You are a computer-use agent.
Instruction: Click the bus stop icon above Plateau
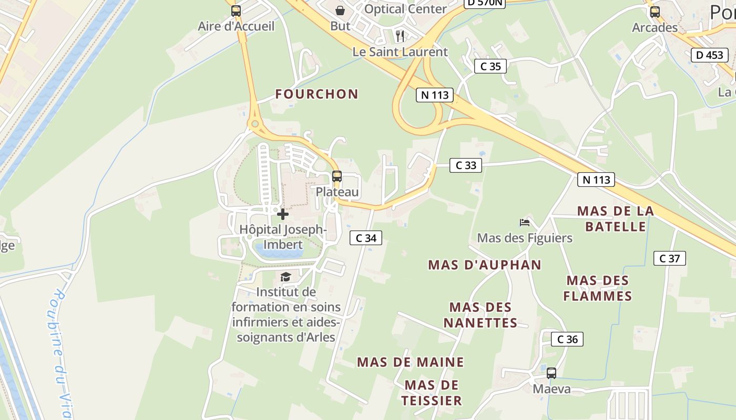(x=337, y=176)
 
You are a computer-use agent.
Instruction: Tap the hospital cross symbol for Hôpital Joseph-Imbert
(x=283, y=214)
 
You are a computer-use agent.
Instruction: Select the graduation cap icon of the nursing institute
(x=285, y=277)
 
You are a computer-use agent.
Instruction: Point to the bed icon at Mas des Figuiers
(x=525, y=223)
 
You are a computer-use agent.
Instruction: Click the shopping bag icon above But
(x=340, y=10)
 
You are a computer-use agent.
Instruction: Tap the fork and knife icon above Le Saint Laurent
(x=400, y=36)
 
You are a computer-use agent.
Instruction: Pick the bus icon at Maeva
(x=551, y=373)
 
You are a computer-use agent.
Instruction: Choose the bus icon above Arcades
(x=655, y=12)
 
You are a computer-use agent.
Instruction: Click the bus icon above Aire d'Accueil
(x=236, y=10)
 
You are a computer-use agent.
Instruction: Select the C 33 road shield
(x=466, y=165)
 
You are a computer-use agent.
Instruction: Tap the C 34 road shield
(x=366, y=238)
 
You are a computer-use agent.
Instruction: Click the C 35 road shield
(x=490, y=66)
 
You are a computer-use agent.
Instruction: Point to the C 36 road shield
(x=567, y=339)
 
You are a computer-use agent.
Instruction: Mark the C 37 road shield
(x=670, y=258)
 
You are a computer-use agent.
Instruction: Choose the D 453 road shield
(x=710, y=55)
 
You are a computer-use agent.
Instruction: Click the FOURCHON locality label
(x=317, y=94)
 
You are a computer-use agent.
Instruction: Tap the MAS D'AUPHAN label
(x=485, y=265)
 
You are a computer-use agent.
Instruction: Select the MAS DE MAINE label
(x=411, y=362)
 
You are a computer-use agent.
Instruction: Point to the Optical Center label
(x=405, y=9)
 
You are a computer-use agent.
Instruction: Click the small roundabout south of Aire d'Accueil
(x=255, y=124)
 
